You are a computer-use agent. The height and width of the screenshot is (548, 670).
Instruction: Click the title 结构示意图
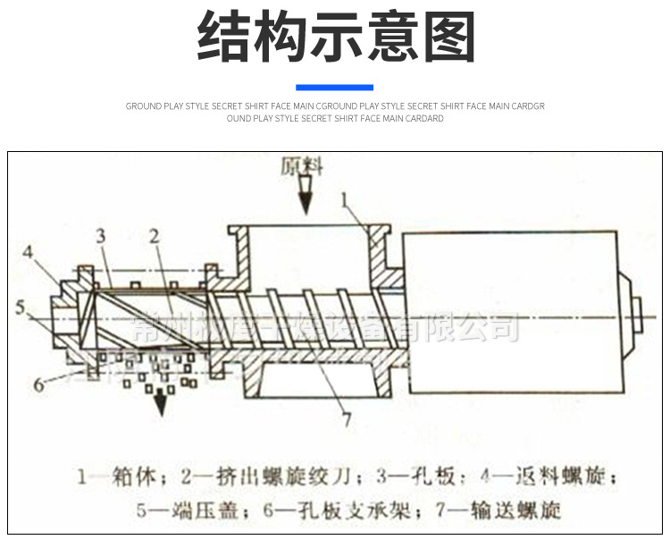tap(335, 37)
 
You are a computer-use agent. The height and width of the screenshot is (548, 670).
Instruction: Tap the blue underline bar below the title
tap(334, 87)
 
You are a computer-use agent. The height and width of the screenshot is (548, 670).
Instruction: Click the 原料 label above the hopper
tap(301, 166)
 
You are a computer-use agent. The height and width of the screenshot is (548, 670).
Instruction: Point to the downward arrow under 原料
tap(306, 198)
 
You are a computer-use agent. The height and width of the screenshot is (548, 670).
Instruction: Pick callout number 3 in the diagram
tap(101, 236)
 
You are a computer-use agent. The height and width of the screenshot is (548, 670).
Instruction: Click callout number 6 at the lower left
tap(39, 384)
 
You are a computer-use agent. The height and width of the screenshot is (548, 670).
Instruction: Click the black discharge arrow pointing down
tap(161, 404)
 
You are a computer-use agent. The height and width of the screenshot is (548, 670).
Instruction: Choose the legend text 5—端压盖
tap(175, 510)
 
